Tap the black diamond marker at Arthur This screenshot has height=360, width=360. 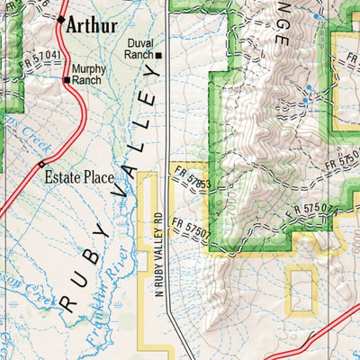(61, 18)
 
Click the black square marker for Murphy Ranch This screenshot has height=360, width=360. (67, 80)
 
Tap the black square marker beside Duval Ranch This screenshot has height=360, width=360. (158, 56)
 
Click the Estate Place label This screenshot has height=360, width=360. (80, 177)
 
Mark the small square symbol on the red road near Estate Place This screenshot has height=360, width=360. (41, 163)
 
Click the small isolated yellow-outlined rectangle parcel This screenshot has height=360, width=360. (301, 290)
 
